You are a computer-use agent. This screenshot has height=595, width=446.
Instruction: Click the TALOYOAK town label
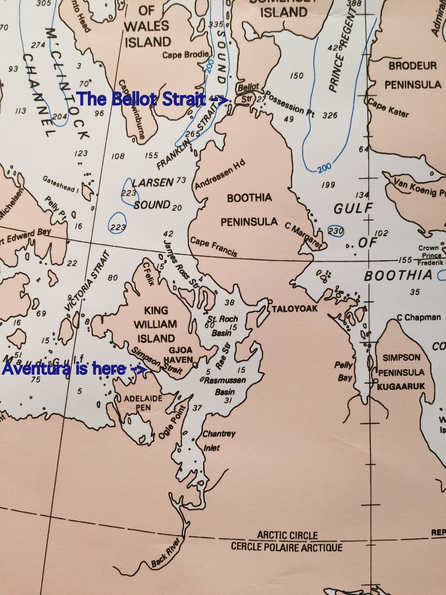[x=295, y=309]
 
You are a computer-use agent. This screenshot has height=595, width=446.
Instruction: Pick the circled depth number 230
[x=336, y=231]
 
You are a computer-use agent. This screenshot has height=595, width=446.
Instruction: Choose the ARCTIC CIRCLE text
[x=287, y=535]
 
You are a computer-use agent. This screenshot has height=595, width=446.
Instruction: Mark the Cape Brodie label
[x=185, y=55]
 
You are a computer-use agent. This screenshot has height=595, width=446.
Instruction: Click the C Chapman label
[x=418, y=318]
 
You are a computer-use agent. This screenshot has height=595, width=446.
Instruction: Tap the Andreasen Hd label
[x=220, y=176]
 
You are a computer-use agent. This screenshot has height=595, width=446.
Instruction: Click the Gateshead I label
[x=61, y=184]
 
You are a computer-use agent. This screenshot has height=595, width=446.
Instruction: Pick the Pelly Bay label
[x=344, y=371]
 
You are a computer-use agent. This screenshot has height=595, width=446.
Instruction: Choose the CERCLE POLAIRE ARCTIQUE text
[x=287, y=547]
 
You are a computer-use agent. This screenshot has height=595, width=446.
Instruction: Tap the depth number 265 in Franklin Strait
[x=193, y=134]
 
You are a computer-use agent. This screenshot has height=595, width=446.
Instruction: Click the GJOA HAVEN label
[x=181, y=355]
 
